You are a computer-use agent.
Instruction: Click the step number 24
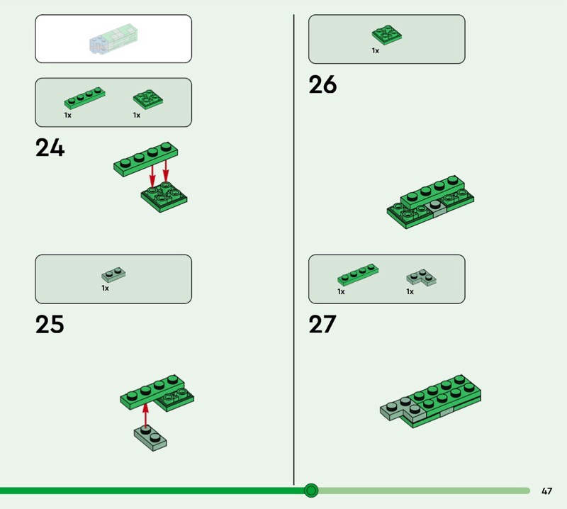pos(50,148)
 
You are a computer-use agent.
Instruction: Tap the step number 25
pos(50,324)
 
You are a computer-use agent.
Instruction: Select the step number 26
pos(322,84)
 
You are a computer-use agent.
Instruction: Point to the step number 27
pos(322,324)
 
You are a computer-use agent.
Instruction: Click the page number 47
pos(546,491)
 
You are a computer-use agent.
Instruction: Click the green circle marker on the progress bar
pos(311,491)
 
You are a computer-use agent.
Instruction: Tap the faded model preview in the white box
pos(113,39)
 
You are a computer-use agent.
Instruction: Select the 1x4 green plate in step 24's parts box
pos(84,98)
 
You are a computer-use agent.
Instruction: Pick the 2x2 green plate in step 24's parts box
pos(148,99)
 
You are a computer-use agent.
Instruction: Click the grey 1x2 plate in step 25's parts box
pos(113,275)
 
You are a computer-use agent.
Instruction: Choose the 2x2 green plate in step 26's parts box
pos(386,35)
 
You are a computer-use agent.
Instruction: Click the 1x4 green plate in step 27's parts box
pos(358,274)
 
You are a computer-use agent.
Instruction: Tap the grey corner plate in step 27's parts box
pos(421,278)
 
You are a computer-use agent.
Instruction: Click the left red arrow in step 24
pos(152,177)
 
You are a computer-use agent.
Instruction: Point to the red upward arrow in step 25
pos(145,415)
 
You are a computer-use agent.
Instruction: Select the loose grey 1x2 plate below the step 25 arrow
pos(150,438)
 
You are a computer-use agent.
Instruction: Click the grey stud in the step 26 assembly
pos(435,205)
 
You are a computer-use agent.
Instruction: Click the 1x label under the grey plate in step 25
pos(105,288)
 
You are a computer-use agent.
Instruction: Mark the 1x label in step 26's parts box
pos(376,50)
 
